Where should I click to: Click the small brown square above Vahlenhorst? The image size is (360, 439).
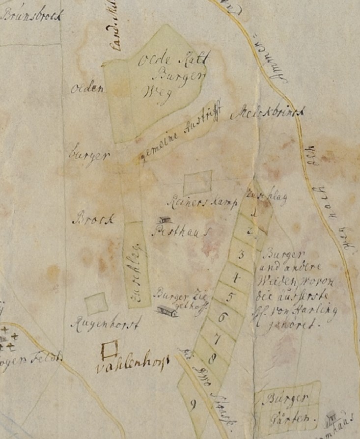[x=109, y=349]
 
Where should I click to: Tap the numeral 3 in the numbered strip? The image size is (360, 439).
[x=241, y=254]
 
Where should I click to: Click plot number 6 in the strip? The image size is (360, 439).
[x=222, y=317]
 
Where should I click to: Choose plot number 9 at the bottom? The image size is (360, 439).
[x=193, y=405]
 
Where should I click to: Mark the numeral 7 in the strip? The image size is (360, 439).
[x=217, y=338]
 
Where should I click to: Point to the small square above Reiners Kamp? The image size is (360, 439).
[x=197, y=183]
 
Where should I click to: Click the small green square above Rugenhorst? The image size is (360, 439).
[x=96, y=303]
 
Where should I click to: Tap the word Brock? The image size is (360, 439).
[x=93, y=219]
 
